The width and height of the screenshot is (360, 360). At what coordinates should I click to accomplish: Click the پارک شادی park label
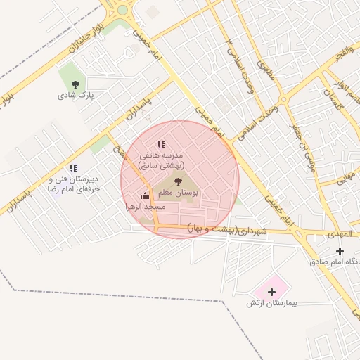(76, 94)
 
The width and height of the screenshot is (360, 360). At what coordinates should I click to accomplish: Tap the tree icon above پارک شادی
(75, 84)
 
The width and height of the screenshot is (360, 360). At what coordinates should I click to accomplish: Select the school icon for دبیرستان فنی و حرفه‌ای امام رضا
(73, 168)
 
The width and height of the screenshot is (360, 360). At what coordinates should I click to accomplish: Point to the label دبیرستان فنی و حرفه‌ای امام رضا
(73, 184)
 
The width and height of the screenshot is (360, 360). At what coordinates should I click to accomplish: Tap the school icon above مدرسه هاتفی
(161, 144)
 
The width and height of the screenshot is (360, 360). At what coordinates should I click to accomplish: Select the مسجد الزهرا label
(145, 207)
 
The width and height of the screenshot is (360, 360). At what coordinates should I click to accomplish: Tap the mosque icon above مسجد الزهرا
(145, 196)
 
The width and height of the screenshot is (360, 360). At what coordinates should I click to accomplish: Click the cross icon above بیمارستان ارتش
(271, 291)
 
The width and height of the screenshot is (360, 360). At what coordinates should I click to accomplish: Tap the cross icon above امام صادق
(340, 251)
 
